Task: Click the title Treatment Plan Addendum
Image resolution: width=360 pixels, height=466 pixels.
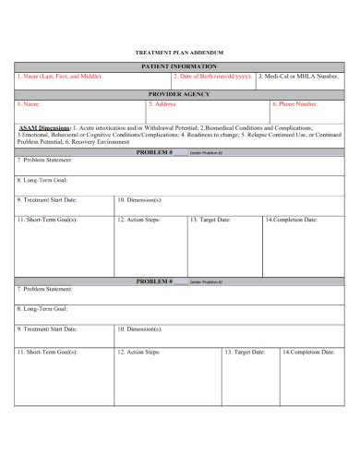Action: point(180,53)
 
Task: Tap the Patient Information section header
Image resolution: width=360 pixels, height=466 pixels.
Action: point(179,67)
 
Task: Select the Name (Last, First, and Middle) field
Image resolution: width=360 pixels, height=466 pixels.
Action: point(59,78)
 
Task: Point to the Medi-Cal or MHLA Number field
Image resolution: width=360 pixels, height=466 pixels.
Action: point(299,78)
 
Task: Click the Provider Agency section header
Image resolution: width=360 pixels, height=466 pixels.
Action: point(179,94)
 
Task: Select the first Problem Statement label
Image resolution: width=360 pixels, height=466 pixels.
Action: point(45,160)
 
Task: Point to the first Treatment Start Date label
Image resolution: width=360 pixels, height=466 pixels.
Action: point(47,199)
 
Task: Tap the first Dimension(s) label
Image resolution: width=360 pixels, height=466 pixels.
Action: point(140,199)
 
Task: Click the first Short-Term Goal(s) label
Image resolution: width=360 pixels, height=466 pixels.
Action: point(47,220)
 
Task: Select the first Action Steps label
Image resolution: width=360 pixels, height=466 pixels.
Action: point(138,220)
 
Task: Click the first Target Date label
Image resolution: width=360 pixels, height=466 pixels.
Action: point(210,220)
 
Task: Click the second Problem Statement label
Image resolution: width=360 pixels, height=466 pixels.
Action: point(45,289)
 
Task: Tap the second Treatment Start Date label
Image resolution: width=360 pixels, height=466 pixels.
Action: point(47,329)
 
